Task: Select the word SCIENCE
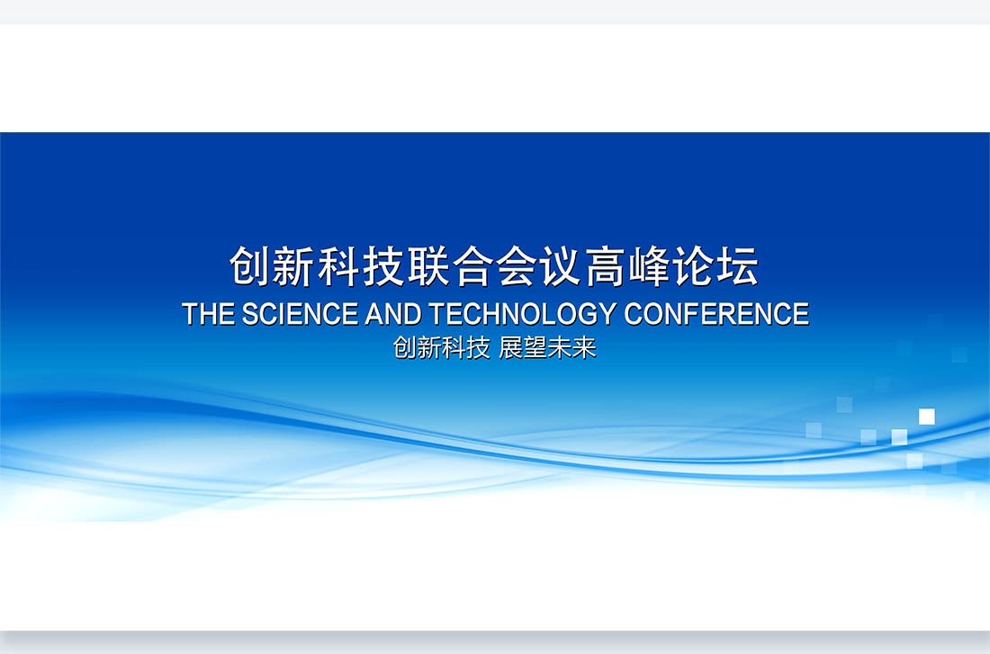(300, 314)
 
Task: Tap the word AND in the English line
(393, 314)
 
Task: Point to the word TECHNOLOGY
(523, 314)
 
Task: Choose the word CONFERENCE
(716, 314)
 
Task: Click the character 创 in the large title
(251, 266)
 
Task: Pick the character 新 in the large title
(295, 266)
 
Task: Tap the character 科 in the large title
(339, 266)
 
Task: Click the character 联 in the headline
(428, 266)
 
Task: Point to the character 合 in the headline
(472, 266)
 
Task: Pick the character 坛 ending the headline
(738, 266)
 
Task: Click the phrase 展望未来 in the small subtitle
(547, 348)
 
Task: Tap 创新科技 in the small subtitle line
(442, 348)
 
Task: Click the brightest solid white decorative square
(927, 417)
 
